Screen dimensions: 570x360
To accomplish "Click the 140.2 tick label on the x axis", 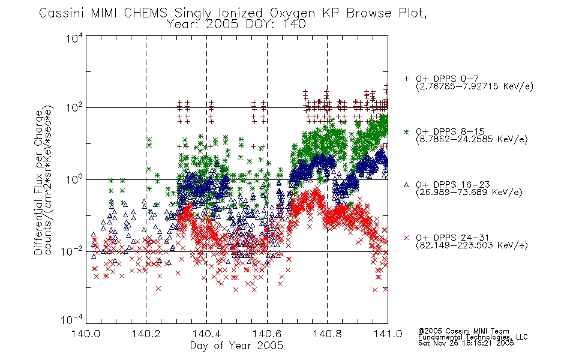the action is point(146,334).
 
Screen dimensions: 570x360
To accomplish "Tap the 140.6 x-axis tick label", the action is point(267,334).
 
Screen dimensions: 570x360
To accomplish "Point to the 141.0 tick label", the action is point(388,334).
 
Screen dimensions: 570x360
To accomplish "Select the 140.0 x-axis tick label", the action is point(86,334).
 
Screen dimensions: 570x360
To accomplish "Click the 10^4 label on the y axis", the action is point(74,38).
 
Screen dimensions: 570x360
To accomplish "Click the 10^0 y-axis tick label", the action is point(74,179).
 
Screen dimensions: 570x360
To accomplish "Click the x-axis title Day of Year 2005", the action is point(236,346).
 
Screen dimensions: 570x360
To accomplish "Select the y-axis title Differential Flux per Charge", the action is point(38,182).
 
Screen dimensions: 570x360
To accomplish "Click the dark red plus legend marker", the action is point(406,79).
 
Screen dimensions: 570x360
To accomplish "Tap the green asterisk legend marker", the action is point(406,131).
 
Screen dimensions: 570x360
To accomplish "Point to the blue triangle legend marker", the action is point(406,185).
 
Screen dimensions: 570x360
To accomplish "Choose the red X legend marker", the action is point(406,238).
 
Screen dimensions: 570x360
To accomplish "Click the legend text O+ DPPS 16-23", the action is point(453,184).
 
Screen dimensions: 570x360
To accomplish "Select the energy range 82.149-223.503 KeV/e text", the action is point(472,245).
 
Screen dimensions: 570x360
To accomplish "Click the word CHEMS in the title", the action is point(145,13).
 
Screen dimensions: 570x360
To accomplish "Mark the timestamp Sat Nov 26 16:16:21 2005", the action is point(466,343).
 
